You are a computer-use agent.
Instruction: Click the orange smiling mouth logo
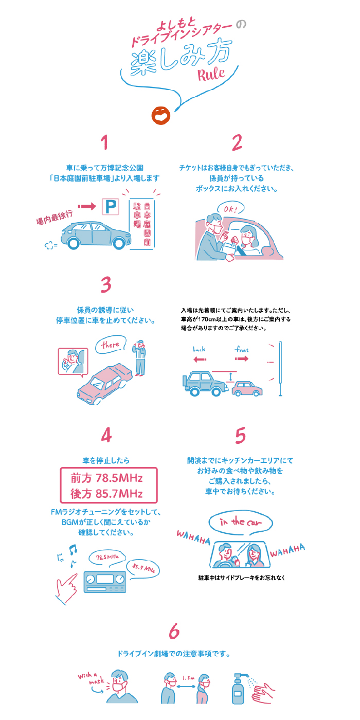[160, 116]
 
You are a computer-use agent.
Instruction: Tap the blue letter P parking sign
[111, 206]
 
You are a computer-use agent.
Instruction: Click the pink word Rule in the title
[211, 74]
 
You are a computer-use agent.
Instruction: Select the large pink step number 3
[106, 285]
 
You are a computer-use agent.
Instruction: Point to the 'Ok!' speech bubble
[230, 209]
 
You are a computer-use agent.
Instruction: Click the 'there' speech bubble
[111, 345]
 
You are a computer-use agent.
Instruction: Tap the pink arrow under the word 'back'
[200, 359]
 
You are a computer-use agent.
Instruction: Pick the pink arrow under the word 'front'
[242, 358]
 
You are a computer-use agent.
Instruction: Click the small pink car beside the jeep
[247, 389]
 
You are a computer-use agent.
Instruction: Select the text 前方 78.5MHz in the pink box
[107, 478]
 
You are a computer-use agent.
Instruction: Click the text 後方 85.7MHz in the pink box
[107, 494]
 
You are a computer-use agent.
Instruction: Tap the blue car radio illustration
[105, 582]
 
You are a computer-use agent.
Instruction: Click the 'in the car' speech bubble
[241, 523]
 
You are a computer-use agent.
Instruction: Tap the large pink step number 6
[174, 631]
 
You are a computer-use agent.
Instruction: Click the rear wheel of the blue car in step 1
[73, 243]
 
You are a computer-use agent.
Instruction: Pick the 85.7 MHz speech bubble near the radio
[143, 569]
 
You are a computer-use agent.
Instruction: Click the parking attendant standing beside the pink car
[139, 357]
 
